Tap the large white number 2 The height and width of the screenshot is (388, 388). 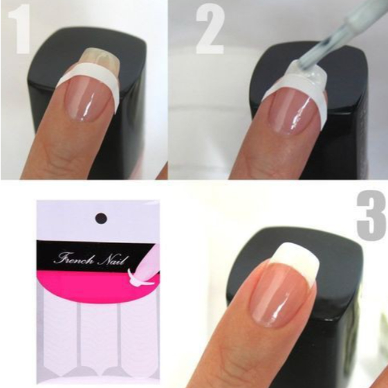pos(210,30)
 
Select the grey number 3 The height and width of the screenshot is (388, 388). pos(372,216)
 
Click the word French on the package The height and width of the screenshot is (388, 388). pos(74,259)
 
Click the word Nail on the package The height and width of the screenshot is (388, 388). pos(113,261)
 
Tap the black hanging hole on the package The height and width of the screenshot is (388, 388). pos(101,219)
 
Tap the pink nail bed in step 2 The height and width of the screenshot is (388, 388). pos(295,111)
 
